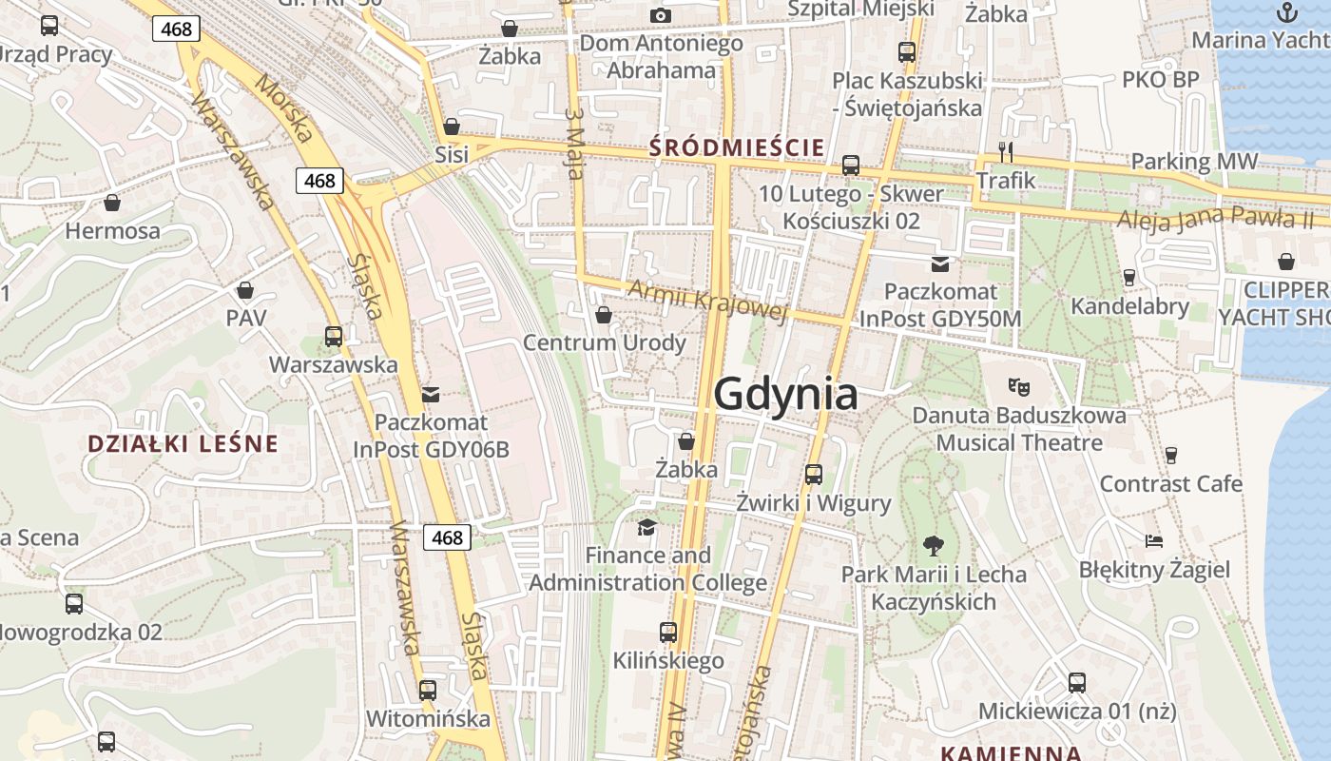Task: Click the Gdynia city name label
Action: pyautogui.click(x=785, y=393)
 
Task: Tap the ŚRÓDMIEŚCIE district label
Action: pyautogui.click(x=736, y=147)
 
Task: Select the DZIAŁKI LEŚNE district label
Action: pyautogui.click(x=183, y=443)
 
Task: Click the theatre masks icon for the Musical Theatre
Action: pyautogui.click(x=1019, y=386)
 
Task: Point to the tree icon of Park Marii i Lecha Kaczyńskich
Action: pyautogui.click(x=934, y=546)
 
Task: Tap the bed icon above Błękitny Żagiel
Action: pyautogui.click(x=1154, y=541)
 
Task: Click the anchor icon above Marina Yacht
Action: pyautogui.click(x=1286, y=12)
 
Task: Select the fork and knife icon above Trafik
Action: pyautogui.click(x=1006, y=151)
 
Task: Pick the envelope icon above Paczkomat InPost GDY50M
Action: pyautogui.click(x=940, y=263)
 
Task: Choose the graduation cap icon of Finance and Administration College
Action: pyautogui.click(x=647, y=526)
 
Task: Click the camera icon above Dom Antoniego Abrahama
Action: pyautogui.click(x=660, y=15)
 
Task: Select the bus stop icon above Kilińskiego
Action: pyautogui.click(x=668, y=632)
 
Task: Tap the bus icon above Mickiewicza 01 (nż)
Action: pyautogui.click(x=1076, y=682)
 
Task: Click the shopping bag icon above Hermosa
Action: pyautogui.click(x=112, y=203)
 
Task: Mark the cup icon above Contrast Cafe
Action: pyautogui.click(x=1170, y=456)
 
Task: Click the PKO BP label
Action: pyautogui.click(x=1161, y=79)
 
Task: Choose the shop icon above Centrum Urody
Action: pyautogui.click(x=603, y=315)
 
